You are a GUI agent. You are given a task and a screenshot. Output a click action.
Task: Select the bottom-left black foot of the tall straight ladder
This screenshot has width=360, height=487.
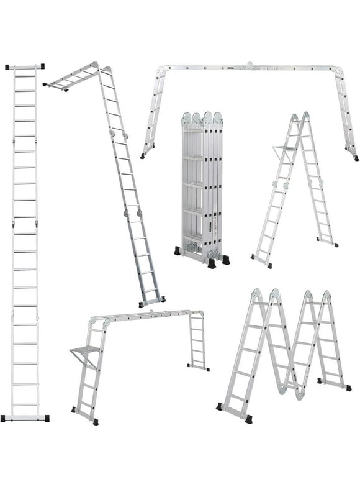5,418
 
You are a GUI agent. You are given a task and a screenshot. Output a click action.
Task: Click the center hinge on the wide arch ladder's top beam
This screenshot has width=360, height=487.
250,66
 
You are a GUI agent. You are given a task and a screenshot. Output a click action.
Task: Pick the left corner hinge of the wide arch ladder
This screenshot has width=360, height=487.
161,73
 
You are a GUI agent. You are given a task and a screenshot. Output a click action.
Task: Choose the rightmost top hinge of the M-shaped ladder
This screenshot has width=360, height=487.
325,296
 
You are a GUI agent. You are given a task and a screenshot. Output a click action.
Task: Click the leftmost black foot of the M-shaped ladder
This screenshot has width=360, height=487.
219,406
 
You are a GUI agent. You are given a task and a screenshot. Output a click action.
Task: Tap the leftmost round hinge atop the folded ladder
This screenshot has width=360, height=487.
187,118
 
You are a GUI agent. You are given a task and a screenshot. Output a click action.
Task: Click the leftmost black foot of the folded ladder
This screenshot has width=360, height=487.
178,251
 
